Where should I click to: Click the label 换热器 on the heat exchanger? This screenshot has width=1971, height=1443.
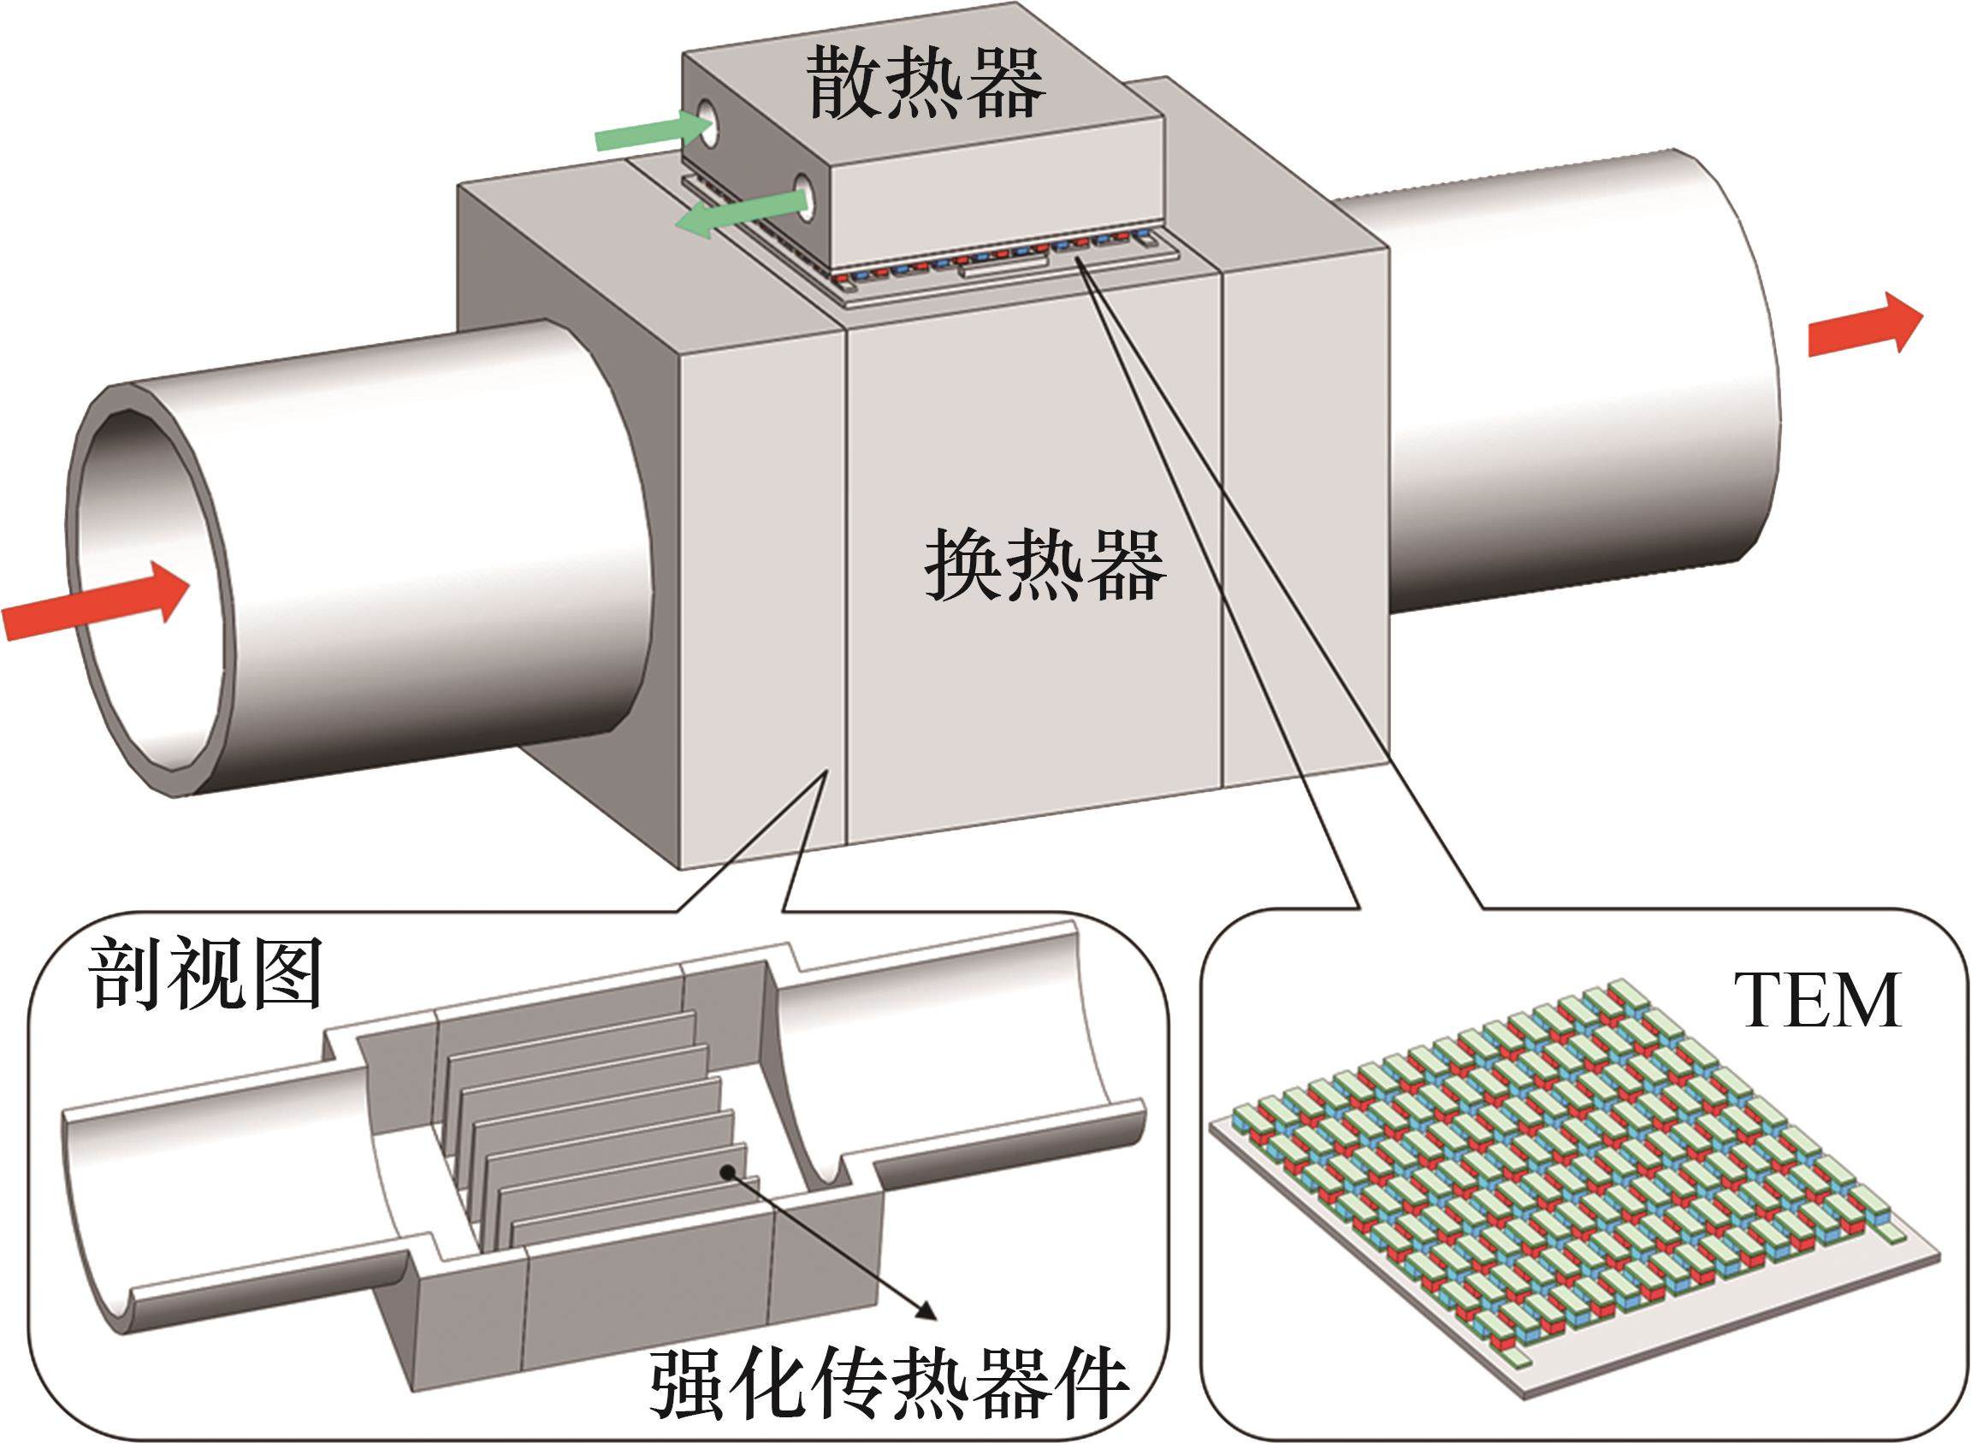[x=1045, y=565]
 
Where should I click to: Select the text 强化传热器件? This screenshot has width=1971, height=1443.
[x=889, y=1387]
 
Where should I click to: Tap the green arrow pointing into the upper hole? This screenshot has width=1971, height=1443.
[x=653, y=133]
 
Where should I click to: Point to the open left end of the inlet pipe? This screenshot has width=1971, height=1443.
[x=151, y=587]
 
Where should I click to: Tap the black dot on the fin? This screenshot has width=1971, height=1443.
[x=725, y=1174]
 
